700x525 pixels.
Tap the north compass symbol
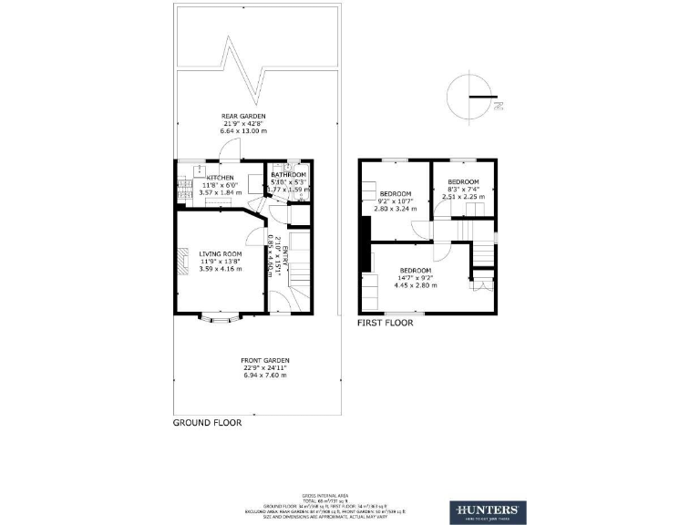point(473,96)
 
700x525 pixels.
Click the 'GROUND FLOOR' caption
point(203,424)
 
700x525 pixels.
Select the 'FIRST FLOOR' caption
point(385,323)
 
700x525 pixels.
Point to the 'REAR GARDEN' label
point(243,117)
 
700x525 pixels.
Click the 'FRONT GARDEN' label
point(265,361)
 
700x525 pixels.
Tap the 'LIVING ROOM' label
point(221,253)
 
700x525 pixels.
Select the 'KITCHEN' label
point(220,178)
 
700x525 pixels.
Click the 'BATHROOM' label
point(288,173)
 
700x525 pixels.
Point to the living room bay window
point(219,318)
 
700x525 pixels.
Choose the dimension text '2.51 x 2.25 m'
point(463,196)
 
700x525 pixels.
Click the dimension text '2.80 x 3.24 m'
point(395,208)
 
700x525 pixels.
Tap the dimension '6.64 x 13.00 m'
point(243,131)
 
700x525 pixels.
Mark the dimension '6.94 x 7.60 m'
point(265,376)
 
